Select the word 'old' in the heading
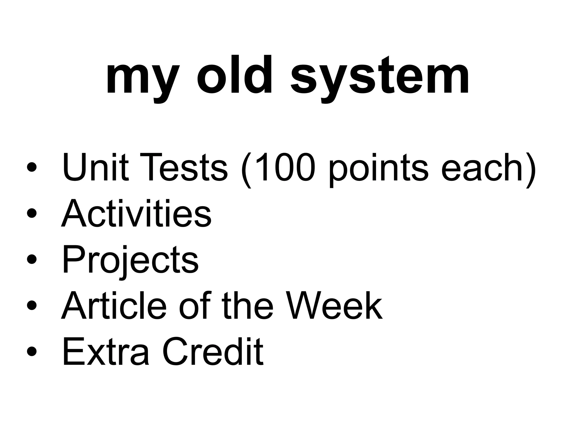(234, 75)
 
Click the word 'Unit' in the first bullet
(95, 167)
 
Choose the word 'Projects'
(130, 260)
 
